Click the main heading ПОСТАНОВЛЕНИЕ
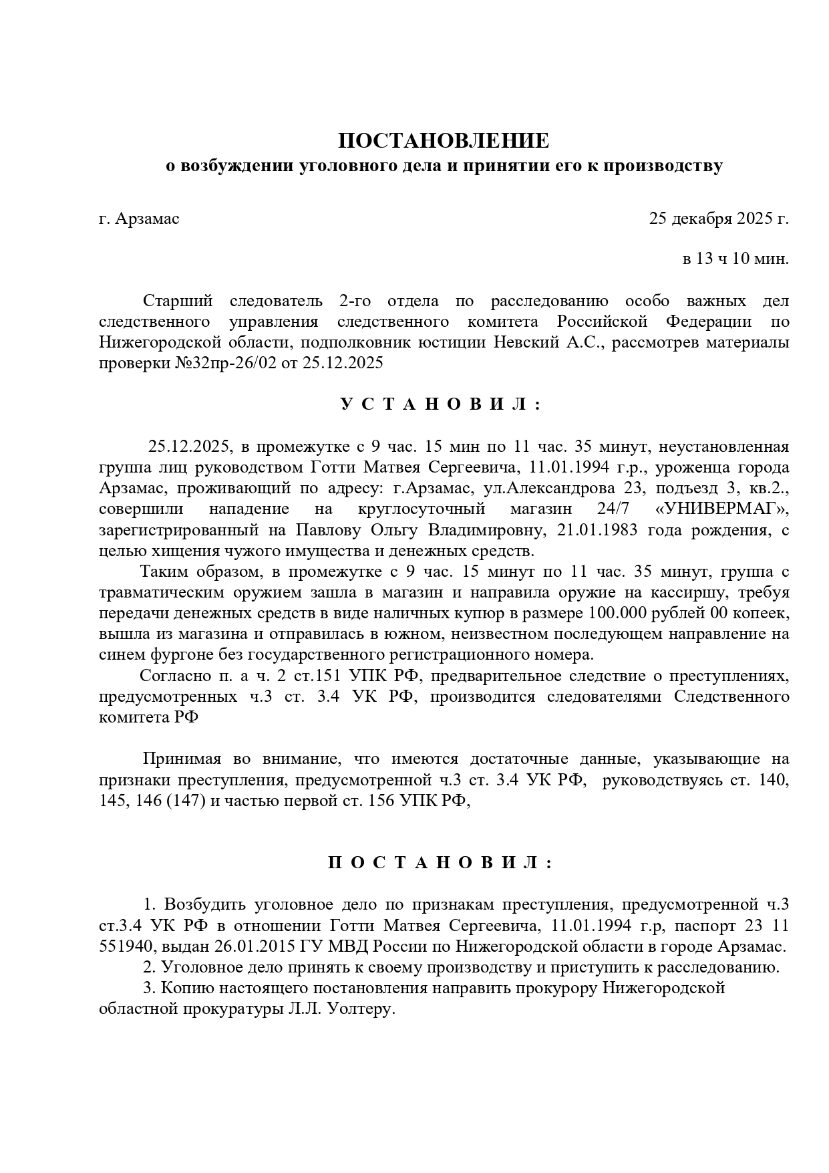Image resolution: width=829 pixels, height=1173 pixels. click(443, 141)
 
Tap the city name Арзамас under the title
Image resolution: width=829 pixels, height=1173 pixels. click(147, 219)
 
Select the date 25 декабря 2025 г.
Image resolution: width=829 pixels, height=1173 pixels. click(719, 219)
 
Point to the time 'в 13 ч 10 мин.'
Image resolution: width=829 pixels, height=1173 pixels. click(735, 259)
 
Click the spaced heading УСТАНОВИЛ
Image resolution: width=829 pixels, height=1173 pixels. click(441, 404)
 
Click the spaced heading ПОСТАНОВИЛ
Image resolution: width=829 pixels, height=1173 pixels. click(441, 863)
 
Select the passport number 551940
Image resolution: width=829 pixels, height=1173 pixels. click(126, 947)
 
